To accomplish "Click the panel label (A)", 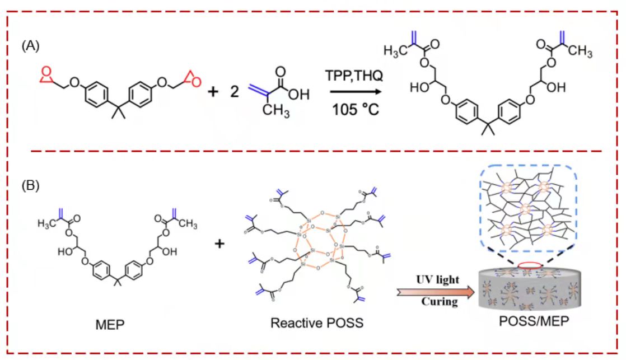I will pyautogui.click(x=30, y=46).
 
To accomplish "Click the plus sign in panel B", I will pyautogui.click(x=220, y=244).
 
